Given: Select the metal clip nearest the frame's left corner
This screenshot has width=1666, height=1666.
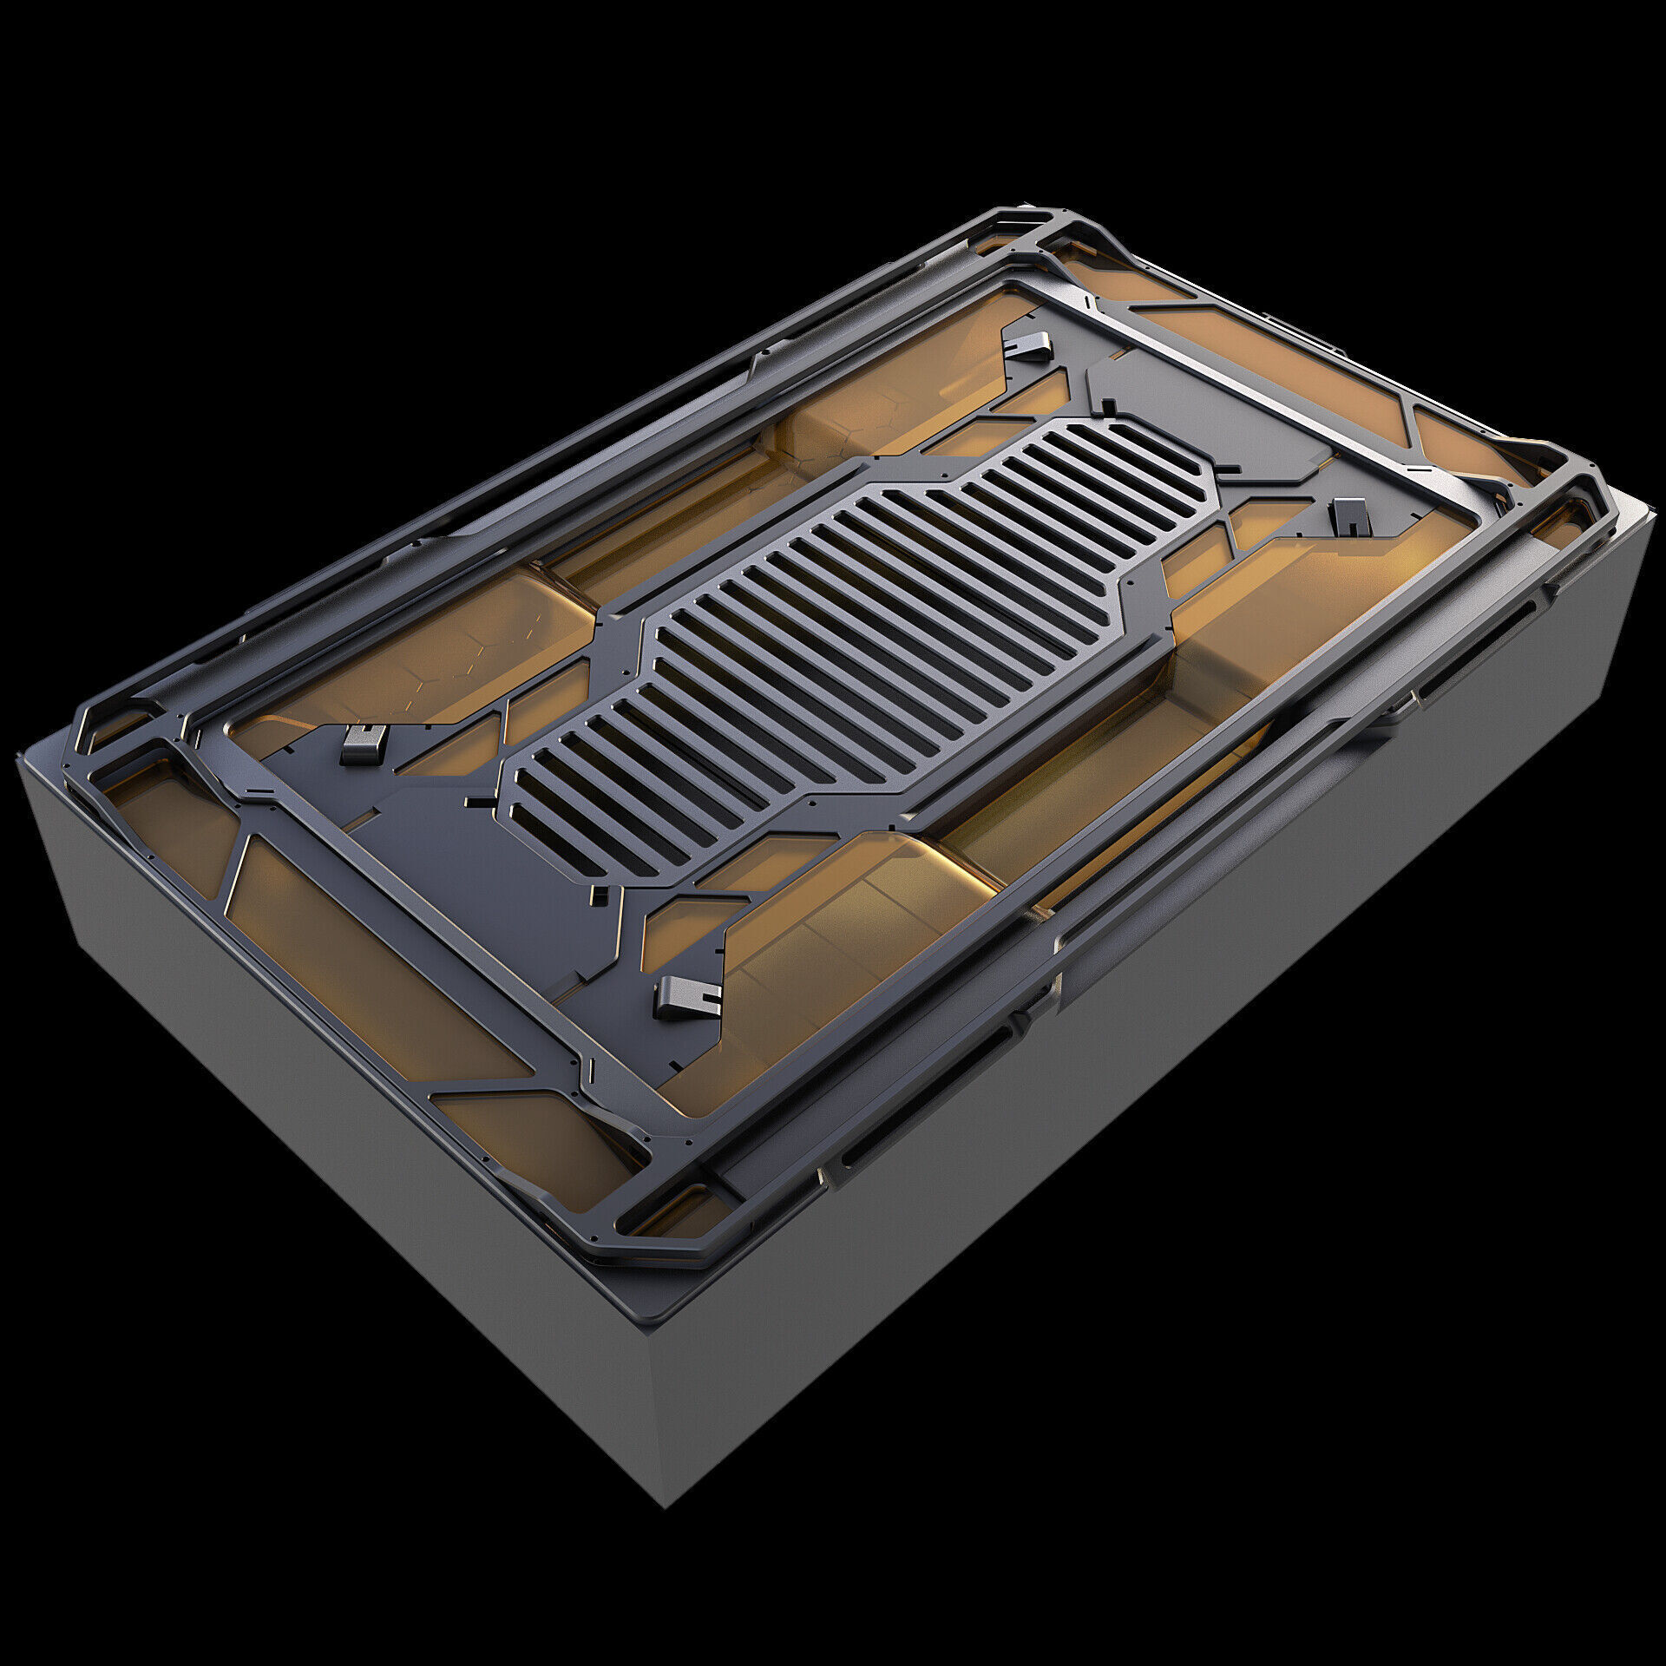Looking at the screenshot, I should coord(363,744).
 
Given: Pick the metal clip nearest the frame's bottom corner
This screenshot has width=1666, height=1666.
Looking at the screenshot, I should coord(687,997).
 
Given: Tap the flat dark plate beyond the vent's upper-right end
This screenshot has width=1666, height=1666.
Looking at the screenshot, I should coord(1215,408).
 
